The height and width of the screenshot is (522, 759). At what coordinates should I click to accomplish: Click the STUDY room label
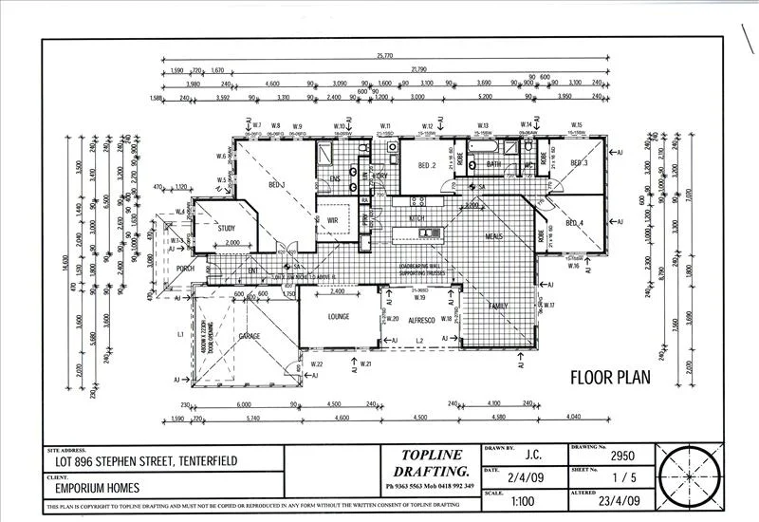pyautogui.click(x=226, y=228)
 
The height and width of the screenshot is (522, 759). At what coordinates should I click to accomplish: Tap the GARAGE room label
pyautogui.click(x=250, y=336)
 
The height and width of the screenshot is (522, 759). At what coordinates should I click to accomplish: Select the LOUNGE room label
pyautogui.click(x=339, y=316)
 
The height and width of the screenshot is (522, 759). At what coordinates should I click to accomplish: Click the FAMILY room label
pyautogui.click(x=497, y=307)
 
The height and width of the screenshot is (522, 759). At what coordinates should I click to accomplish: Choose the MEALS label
pyautogui.click(x=493, y=236)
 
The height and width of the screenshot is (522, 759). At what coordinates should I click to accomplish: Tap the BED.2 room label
pyautogui.click(x=426, y=165)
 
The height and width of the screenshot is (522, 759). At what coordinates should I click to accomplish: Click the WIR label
pyautogui.click(x=333, y=220)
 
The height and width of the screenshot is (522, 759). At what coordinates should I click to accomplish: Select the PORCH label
pyautogui.click(x=185, y=269)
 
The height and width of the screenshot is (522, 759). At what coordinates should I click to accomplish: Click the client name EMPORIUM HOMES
pyautogui.click(x=97, y=489)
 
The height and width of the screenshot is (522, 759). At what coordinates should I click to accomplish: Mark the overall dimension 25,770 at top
pyautogui.click(x=384, y=56)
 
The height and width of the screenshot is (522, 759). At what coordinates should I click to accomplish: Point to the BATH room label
pyautogui.click(x=493, y=164)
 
